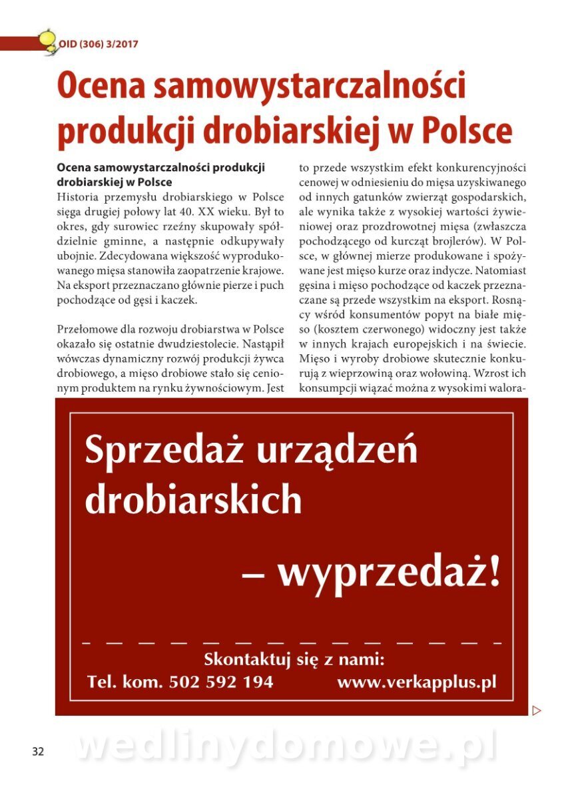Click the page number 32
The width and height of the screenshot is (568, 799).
(37, 751)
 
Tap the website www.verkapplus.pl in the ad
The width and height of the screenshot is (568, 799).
(416, 682)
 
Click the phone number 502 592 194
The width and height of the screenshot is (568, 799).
(221, 682)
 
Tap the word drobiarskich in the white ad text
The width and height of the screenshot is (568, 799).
(194, 499)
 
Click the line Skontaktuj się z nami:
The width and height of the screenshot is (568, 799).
(294, 661)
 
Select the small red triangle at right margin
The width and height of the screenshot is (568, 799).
(537, 710)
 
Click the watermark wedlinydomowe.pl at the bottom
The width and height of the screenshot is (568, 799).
(286, 748)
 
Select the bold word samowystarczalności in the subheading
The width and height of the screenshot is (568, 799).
(157, 167)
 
